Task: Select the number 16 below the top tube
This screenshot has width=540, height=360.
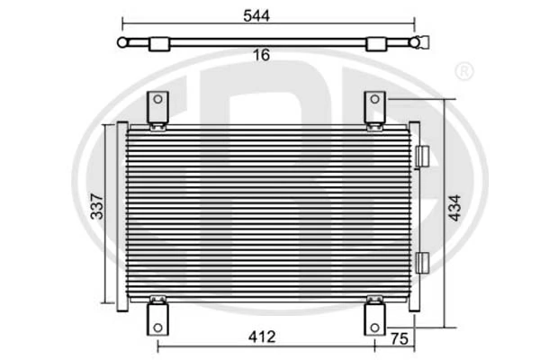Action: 261,56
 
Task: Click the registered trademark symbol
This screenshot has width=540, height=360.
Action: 463,70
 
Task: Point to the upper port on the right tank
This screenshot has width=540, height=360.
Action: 422,157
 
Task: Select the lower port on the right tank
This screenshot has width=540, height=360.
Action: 422,262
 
